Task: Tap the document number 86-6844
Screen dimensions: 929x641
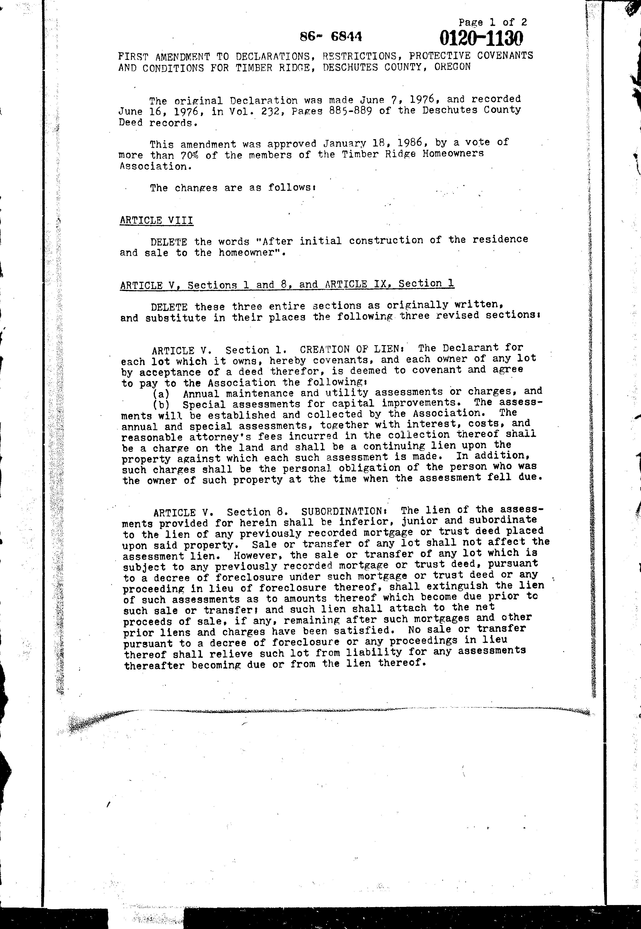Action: click(x=331, y=37)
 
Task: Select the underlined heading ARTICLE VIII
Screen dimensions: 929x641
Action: click(x=156, y=220)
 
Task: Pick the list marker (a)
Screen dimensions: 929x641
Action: click(x=161, y=394)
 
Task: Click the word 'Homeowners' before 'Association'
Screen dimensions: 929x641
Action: click(x=453, y=153)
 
